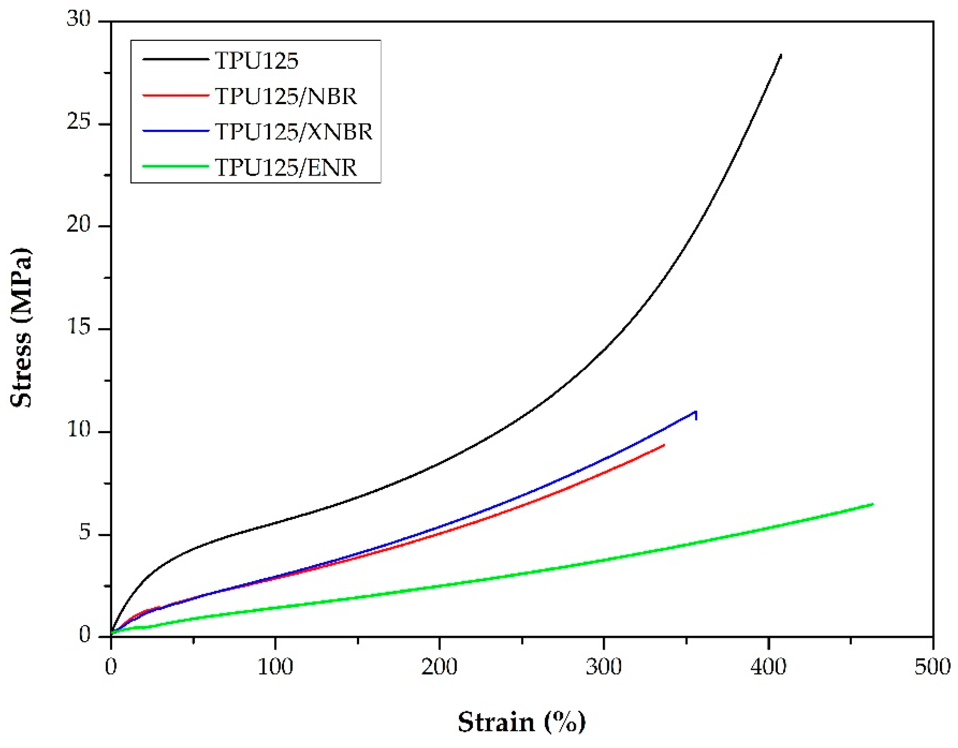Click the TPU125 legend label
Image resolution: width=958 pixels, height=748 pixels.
256,61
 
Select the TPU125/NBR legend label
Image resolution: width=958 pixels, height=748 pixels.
286,96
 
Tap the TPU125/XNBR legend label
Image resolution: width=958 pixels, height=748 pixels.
294,132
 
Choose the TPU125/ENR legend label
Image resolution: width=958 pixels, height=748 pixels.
286,167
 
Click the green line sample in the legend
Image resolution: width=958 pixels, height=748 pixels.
175,166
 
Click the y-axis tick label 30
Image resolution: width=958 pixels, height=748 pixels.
79,19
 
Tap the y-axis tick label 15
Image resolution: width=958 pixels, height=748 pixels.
79,327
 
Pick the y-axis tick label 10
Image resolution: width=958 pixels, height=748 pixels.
79,429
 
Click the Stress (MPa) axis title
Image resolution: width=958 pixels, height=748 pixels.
21,328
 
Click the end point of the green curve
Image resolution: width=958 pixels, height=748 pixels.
873,504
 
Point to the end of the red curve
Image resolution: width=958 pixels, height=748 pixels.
664,445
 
